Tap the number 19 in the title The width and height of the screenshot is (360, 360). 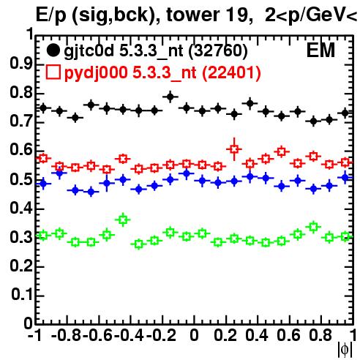pyautogui.click(x=236, y=15)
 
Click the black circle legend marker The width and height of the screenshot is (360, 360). pyautogui.click(x=53, y=50)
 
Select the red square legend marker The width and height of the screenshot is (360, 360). pyautogui.click(x=53, y=72)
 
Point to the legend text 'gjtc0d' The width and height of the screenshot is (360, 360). pyautogui.click(x=89, y=52)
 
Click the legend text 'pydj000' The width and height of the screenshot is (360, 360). pyautogui.click(x=96, y=73)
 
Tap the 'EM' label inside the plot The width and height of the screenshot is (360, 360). pyautogui.click(x=320, y=50)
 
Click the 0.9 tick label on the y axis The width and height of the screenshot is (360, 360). pyautogui.click(x=20, y=64)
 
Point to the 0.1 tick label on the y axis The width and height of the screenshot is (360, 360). pyautogui.click(x=21, y=295)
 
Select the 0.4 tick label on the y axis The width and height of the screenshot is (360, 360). pyautogui.click(x=20, y=208)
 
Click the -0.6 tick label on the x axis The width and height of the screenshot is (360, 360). pyautogui.click(x=97, y=335)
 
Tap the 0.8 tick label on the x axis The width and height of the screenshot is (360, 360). pyautogui.click(x=320, y=335)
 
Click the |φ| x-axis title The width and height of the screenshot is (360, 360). pyautogui.click(x=345, y=350)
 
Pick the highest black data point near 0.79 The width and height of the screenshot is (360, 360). pyautogui.click(x=170, y=97)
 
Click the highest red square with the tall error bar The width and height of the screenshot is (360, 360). pyautogui.click(x=234, y=149)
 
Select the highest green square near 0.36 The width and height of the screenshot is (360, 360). pyautogui.click(x=123, y=220)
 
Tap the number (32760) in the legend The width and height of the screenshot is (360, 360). pyautogui.click(x=218, y=51)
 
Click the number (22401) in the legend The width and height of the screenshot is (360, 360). pyautogui.click(x=232, y=73)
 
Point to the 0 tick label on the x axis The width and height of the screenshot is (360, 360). pyautogui.click(x=194, y=335)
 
